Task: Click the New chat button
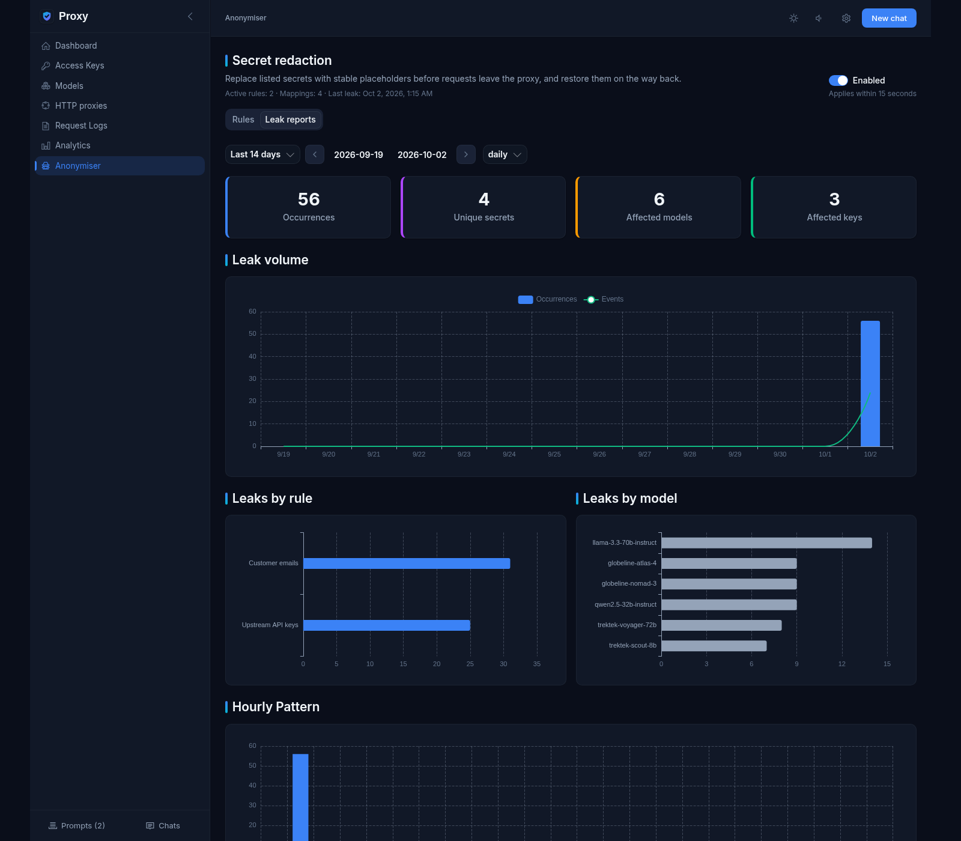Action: [889, 18]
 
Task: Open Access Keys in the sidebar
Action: [80, 65]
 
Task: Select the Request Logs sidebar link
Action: [81, 126]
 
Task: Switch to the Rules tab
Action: [243, 120]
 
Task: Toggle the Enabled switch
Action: [838, 80]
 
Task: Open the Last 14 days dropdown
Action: [262, 154]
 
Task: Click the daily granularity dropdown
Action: [505, 154]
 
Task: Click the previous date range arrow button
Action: [315, 154]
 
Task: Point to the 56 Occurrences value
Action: [309, 199]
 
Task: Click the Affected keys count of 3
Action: [834, 199]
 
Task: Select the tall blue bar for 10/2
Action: [870, 383]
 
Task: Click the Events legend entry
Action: [604, 299]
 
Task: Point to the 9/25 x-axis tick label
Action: [554, 455]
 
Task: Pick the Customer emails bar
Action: [407, 563]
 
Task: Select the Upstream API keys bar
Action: [387, 625]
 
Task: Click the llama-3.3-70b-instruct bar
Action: [766, 543]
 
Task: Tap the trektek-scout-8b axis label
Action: [632, 646]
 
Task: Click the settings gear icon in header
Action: [846, 18]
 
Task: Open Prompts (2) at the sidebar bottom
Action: [76, 826]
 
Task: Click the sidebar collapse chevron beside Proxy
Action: [190, 16]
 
